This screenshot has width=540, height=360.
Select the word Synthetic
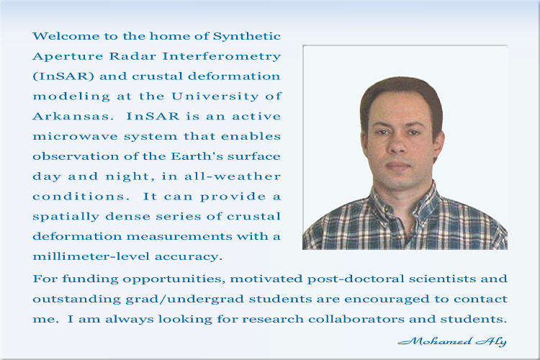tap(246, 37)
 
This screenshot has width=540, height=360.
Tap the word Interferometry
tap(222, 56)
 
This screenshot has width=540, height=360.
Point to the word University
tap(215, 96)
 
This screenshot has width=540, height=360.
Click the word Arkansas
tap(73, 116)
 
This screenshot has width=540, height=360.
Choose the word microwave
tap(75, 136)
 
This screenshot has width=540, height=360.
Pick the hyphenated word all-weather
tap(233, 176)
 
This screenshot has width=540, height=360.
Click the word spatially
tap(66, 217)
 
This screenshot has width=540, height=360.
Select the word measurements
tap(179, 237)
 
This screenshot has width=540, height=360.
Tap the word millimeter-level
tap(91, 256)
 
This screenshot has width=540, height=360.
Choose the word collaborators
tap(356, 319)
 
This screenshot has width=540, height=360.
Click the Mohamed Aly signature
tap(452, 341)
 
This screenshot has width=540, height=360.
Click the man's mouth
tap(397, 166)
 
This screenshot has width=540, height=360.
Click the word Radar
tap(132, 56)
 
